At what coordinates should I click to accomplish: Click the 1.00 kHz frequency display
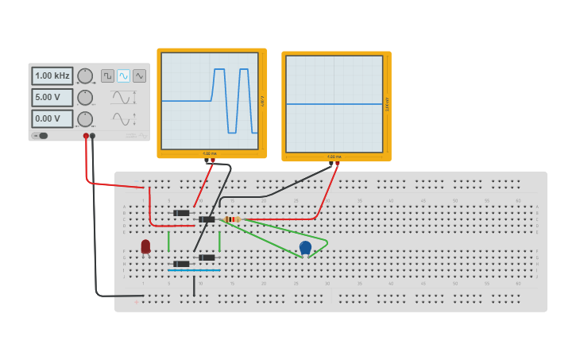[x=52, y=75]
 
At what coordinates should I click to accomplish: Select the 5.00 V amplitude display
[x=52, y=97]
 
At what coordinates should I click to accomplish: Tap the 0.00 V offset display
[x=52, y=118]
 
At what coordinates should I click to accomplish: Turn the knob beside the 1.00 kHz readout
[x=85, y=75]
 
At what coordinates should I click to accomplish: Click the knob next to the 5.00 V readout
[x=85, y=97]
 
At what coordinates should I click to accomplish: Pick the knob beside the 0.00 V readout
[x=85, y=118]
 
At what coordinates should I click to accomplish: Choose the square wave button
[x=107, y=75]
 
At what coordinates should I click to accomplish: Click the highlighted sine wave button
[x=123, y=75]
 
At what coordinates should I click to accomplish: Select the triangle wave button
[x=139, y=75]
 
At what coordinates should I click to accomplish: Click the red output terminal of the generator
[x=86, y=136]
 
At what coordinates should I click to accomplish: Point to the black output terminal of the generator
[x=93, y=136]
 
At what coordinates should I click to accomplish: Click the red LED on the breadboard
[x=145, y=247]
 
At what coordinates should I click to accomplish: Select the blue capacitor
[x=305, y=248]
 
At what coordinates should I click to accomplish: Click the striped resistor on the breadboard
[x=231, y=219]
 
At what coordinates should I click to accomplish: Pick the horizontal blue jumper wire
[x=194, y=270]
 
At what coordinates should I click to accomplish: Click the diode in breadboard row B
[x=182, y=213]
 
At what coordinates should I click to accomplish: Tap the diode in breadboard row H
[x=182, y=264]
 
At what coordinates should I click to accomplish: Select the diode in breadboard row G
[x=207, y=257]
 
